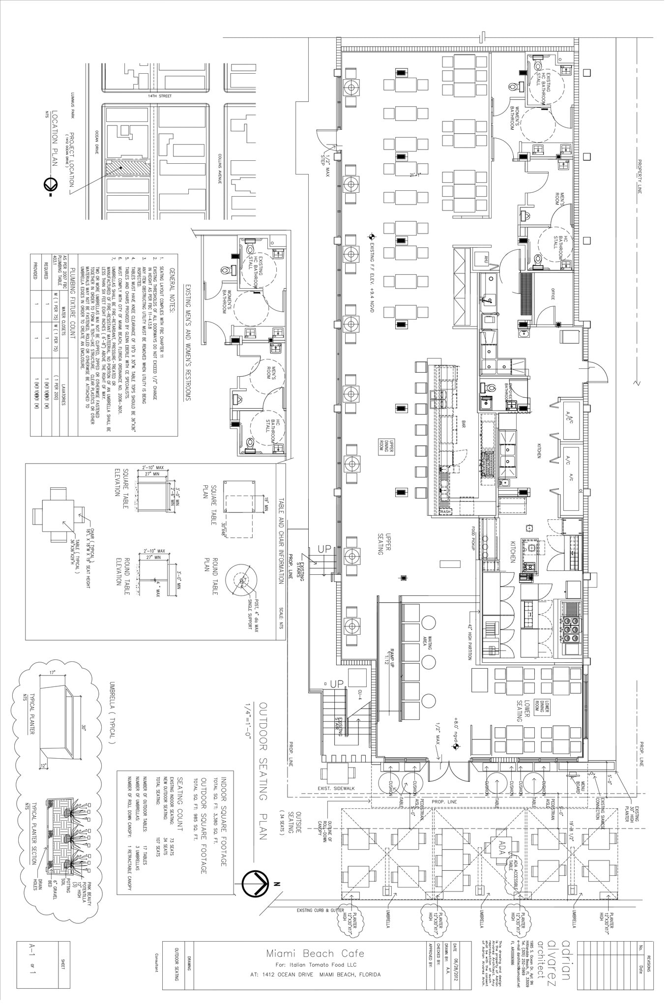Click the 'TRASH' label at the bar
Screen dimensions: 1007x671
pyautogui.click(x=444, y=512)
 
